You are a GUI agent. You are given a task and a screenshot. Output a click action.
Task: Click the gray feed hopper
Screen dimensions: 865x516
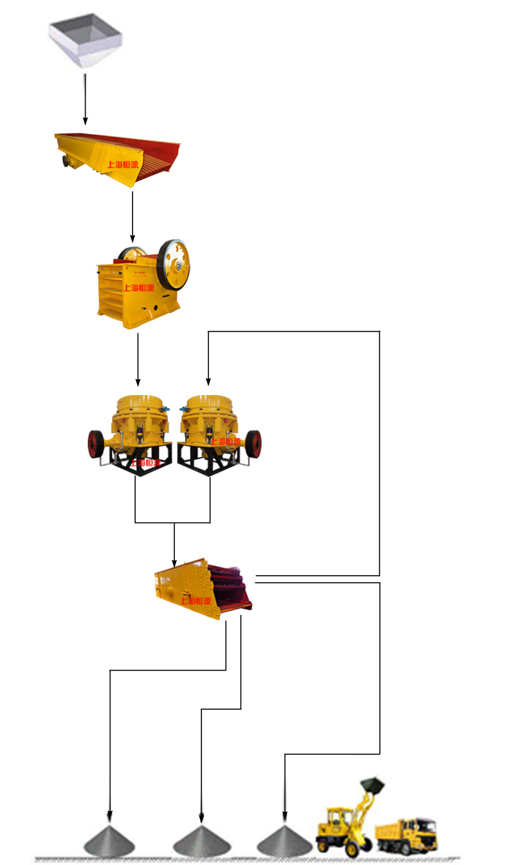point(85,39)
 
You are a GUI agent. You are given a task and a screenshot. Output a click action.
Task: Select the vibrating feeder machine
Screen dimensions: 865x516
point(119,157)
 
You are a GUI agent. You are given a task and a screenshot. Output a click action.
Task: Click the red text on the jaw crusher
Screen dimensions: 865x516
point(138,288)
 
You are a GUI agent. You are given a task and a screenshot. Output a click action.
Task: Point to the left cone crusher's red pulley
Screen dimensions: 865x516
point(94,444)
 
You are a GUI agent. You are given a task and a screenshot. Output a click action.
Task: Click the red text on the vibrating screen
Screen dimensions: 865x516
point(196,601)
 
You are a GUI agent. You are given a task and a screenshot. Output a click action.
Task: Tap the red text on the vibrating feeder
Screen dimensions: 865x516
point(123,165)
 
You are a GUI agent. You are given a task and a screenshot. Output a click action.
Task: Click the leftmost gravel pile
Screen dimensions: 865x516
point(109,841)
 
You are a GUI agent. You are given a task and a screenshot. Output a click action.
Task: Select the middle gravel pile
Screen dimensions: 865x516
point(201,841)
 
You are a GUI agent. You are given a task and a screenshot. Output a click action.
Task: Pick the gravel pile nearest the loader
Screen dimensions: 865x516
point(284,841)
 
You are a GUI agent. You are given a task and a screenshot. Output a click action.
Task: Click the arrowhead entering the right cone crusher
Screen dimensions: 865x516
point(208,382)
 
